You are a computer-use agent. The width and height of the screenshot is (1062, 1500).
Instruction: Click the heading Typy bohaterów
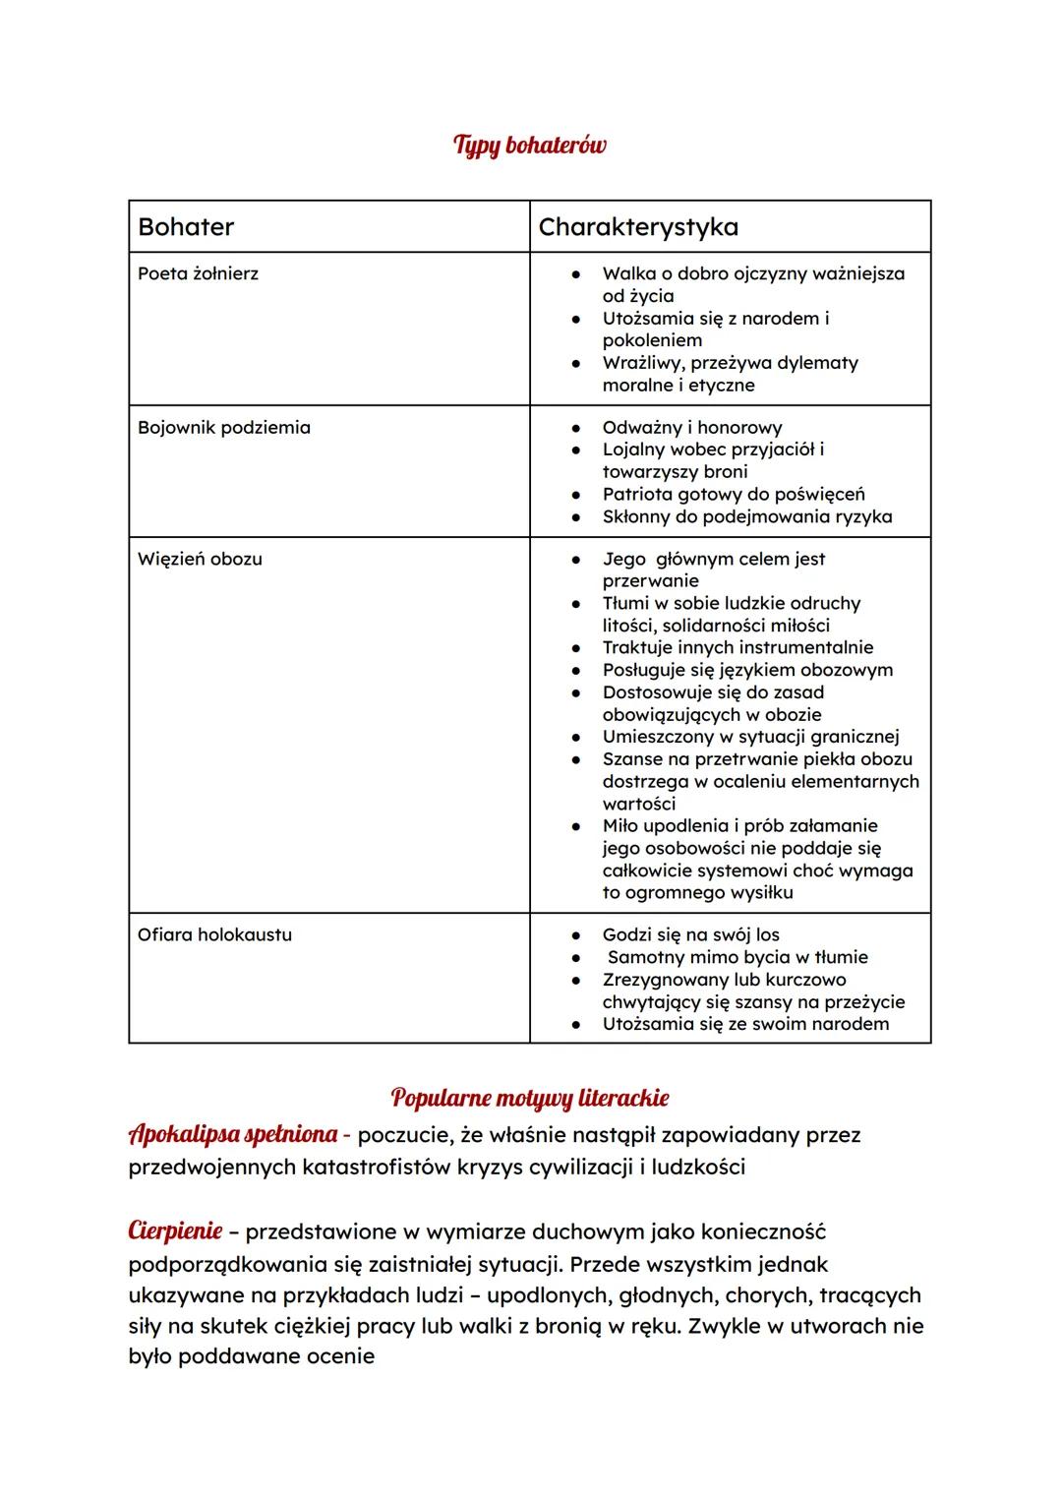coord(529,146)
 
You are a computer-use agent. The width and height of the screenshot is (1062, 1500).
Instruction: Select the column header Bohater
coord(186,227)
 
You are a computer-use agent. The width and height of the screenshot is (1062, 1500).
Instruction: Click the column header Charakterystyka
coord(638,227)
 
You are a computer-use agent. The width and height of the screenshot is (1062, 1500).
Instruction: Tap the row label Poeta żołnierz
coord(198,273)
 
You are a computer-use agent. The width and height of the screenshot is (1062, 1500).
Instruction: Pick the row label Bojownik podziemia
coord(223,428)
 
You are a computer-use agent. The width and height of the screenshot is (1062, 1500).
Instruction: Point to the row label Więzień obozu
coord(200,559)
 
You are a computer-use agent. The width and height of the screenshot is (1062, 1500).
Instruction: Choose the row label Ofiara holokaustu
coord(214,934)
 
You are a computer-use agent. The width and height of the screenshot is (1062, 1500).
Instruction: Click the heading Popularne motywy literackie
coord(529,1097)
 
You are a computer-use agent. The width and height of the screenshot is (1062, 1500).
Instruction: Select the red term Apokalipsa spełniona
coord(233,1134)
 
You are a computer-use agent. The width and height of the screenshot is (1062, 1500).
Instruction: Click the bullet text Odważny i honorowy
coord(692,428)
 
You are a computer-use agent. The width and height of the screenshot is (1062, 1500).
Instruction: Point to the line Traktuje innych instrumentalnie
coord(737,647)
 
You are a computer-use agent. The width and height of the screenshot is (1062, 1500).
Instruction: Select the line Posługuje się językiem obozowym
coord(747,670)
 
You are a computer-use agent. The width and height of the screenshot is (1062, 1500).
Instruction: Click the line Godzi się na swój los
coord(690,934)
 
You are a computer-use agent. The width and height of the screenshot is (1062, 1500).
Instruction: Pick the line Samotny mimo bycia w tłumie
coord(737,957)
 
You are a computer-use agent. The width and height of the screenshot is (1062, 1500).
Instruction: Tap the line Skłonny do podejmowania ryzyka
coord(747,516)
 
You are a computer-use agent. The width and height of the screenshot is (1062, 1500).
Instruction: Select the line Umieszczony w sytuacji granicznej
coord(750,737)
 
